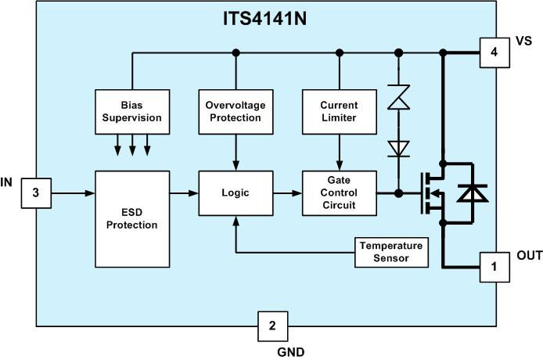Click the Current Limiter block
click(x=339, y=111)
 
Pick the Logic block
click(x=236, y=193)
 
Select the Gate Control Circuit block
click(x=339, y=193)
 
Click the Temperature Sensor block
click(x=391, y=251)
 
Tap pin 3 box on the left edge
click(x=36, y=193)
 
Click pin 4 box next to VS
click(x=494, y=53)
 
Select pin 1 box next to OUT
click(x=494, y=267)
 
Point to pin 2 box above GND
click(x=272, y=326)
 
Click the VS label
click(x=524, y=41)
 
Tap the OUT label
click(x=529, y=256)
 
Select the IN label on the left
click(x=7, y=182)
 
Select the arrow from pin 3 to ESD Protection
click(x=72, y=193)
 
